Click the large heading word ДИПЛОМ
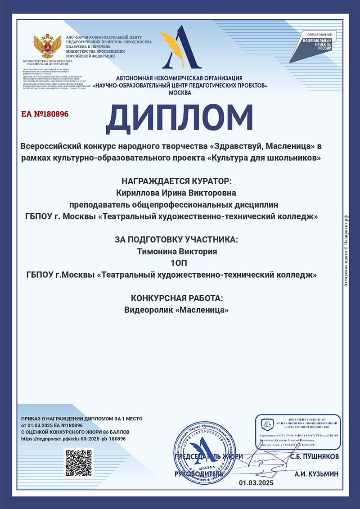click(180, 118)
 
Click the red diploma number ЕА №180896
click(45, 114)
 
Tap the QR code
click(79, 463)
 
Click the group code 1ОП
click(180, 263)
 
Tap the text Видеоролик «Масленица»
click(180, 310)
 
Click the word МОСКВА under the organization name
click(180, 93)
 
